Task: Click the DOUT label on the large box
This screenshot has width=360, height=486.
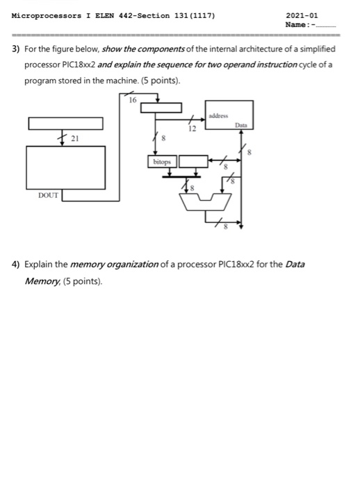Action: coord(49,196)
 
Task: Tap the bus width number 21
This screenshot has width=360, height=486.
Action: coord(75,138)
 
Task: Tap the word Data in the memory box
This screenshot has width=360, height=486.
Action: coord(241,125)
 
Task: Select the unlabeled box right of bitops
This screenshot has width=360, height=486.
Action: coord(193,161)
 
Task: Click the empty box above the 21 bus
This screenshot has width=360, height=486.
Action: coord(65,124)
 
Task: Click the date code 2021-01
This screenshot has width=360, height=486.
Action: coord(302,15)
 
